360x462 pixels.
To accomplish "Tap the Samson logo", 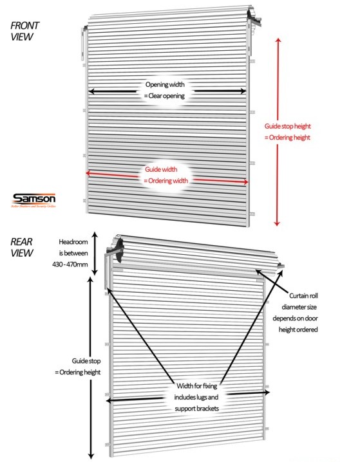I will [34, 199].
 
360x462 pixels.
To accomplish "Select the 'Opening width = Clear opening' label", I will [164, 90].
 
